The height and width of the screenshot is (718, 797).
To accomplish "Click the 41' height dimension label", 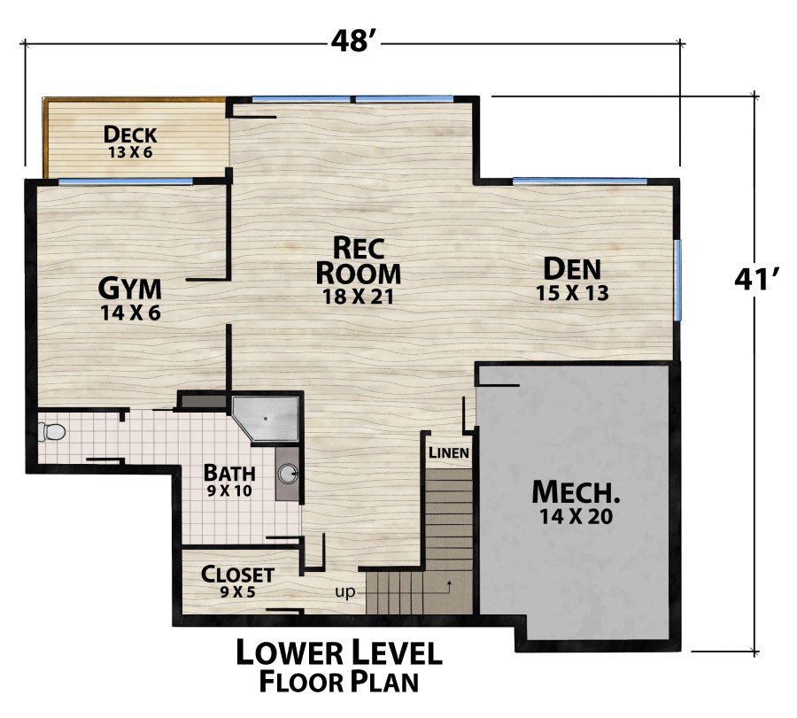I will click(x=755, y=279).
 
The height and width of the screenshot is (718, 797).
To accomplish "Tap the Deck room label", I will click(x=130, y=135).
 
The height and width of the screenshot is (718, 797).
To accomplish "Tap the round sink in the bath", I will click(x=288, y=474).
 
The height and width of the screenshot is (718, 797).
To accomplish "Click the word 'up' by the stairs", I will click(x=345, y=591).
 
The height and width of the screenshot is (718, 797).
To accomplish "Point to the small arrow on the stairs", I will click(x=450, y=585).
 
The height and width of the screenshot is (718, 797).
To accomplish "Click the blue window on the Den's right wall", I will click(x=678, y=280).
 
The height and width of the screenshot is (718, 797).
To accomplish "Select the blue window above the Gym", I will click(x=125, y=181).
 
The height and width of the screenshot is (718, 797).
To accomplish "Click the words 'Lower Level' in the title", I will click(x=338, y=653).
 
